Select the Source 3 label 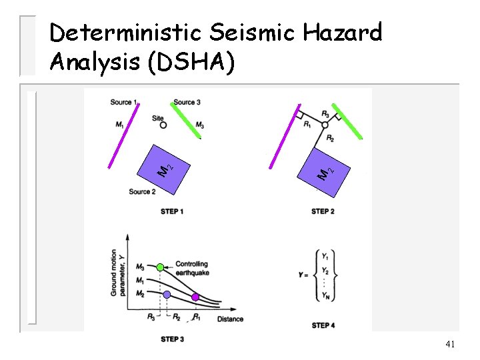tap(187, 102)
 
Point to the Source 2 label tap(142, 192)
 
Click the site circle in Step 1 tap(163, 125)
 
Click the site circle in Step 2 tap(325, 125)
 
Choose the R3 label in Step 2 tap(325, 114)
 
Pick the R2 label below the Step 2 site tap(331, 138)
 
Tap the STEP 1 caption tap(172, 211)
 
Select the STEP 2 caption tap(323, 211)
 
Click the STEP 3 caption tap(172, 339)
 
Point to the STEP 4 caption tap(323, 325)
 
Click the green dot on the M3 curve tap(160, 267)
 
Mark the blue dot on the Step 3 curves tap(167, 294)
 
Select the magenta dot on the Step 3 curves tap(195, 297)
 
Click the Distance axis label tap(230, 319)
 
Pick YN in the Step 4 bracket tap(325, 297)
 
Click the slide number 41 tap(451, 344)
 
